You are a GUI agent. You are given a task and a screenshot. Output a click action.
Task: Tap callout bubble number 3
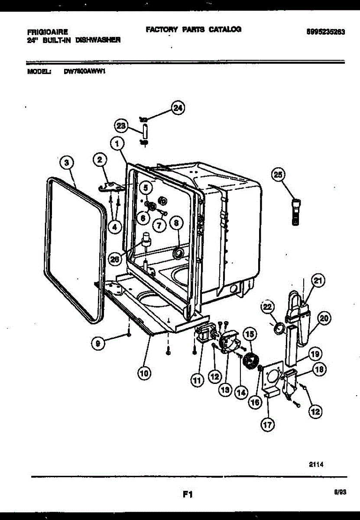pos(66,163)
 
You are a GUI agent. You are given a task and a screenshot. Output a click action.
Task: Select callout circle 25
pos(278,175)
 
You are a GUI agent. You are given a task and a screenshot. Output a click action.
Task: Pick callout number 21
pos(318,281)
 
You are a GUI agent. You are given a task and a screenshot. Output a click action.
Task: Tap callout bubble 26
pos(115,259)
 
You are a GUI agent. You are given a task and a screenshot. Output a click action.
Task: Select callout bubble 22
pos(267,307)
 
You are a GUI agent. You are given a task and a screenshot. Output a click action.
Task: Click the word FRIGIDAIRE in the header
pos(47,32)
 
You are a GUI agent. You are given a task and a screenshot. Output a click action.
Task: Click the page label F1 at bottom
pos(187,494)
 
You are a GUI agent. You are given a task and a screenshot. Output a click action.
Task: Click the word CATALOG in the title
pos(225,29)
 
